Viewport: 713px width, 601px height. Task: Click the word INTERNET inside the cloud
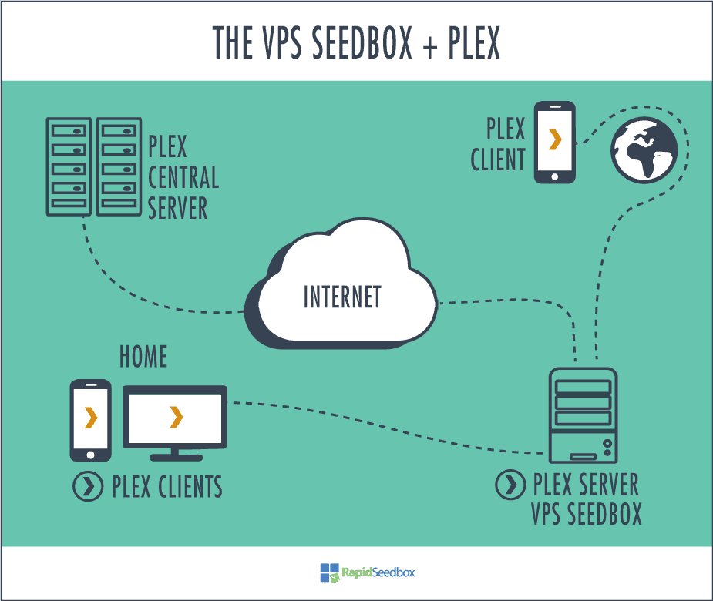point(342,297)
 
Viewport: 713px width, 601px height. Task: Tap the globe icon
point(644,150)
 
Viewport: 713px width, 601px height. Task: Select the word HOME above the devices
point(143,356)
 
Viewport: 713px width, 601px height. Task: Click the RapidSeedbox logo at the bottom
point(368,572)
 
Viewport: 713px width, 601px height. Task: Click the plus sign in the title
point(429,46)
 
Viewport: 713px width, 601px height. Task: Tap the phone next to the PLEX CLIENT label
point(554,143)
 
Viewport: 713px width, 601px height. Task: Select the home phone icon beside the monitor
point(90,421)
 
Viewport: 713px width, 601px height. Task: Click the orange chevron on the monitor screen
point(176,418)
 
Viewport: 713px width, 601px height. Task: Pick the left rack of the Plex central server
point(69,167)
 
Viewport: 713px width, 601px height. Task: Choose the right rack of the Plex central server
point(119,167)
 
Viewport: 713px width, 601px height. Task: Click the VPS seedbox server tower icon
point(583,415)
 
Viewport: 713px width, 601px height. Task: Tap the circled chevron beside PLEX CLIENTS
point(88,486)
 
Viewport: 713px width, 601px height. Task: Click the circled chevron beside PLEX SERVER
point(510,485)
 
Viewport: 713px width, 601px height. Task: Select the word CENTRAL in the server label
point(183,177)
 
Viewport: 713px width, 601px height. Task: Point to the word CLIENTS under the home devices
point(190,486)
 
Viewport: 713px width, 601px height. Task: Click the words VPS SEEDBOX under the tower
point(587,514)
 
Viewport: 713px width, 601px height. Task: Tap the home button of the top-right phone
point(554,177)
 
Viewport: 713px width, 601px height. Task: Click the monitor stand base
point(176,458)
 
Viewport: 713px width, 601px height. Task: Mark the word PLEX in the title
point(474,42)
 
